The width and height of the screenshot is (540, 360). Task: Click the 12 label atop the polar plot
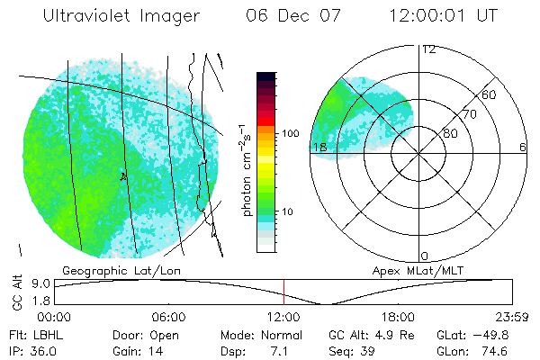click(429, 49)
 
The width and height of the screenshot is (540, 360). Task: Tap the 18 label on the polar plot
click(318, 147)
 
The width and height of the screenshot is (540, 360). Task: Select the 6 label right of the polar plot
click(523, 147)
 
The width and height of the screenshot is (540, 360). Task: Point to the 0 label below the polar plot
click(425, 256)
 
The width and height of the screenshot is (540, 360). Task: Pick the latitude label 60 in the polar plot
click(490, 95)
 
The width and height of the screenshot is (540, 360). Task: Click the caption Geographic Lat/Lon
click(112, 269)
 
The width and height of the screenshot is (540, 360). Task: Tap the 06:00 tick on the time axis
click(168, 317)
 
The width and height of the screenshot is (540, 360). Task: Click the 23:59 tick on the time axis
click(509, 317)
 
